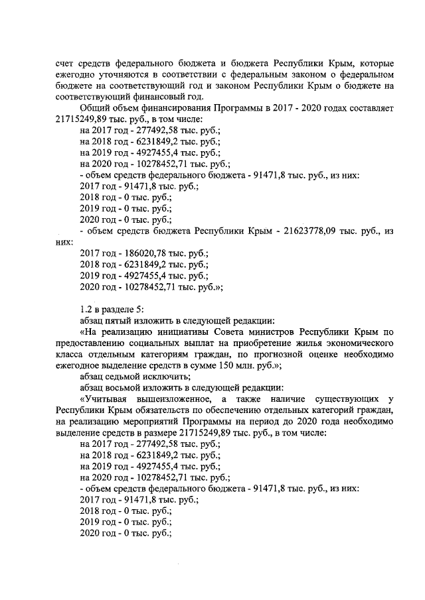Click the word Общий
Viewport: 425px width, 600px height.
point(95,108)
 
